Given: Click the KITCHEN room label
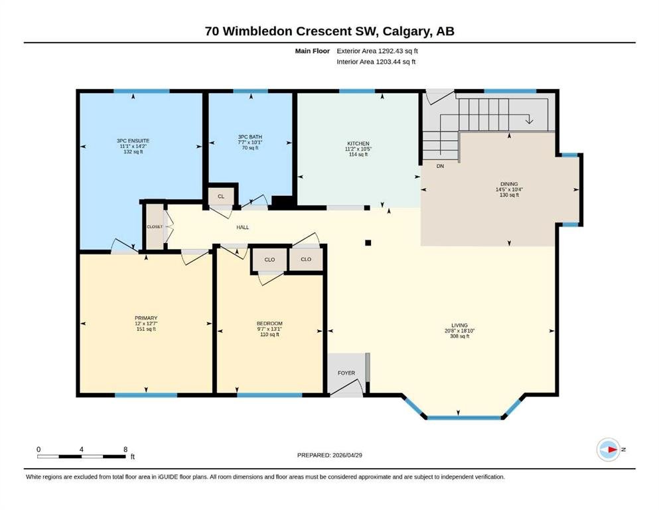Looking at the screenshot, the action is click(358, 143).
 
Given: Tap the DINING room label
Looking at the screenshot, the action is click(509, 184).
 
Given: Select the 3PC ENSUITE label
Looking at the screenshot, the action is click(133, 141).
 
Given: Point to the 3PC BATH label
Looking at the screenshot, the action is click(250, 137).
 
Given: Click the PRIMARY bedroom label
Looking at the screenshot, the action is click(146, 318).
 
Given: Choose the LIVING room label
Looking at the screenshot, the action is click(459, 325).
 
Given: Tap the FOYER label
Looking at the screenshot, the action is click(346, 373).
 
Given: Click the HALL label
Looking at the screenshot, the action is click(242, 227).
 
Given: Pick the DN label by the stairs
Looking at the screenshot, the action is click(440, 166).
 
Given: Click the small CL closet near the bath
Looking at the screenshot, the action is click(221, 197).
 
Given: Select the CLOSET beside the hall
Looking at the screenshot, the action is click(155, 226).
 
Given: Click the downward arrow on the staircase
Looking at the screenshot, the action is click(529, 119).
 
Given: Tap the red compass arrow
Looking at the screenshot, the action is click(612, 450).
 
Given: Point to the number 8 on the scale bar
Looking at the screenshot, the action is click(125, 449).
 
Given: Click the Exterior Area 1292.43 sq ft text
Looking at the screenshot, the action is click(377, 51).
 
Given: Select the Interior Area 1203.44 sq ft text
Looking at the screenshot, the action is click(376, 61).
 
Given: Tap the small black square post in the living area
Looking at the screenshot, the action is click(368, 242).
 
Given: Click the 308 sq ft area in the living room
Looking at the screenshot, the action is click(459, 336).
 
